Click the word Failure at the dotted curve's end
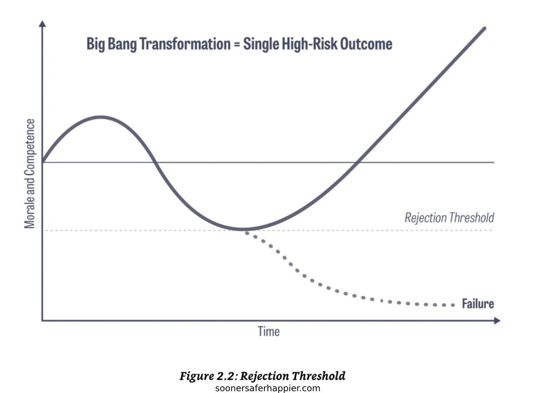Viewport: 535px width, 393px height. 477,304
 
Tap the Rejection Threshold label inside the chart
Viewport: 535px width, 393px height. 449,218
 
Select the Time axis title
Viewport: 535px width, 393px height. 269,331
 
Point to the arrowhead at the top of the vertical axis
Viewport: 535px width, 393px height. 42,23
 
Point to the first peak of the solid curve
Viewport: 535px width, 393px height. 100,117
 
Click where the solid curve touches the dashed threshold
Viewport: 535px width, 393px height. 243,230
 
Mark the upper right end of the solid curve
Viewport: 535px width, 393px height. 484,28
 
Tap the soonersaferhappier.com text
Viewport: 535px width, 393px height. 267,388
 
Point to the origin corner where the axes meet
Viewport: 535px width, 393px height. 42,320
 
